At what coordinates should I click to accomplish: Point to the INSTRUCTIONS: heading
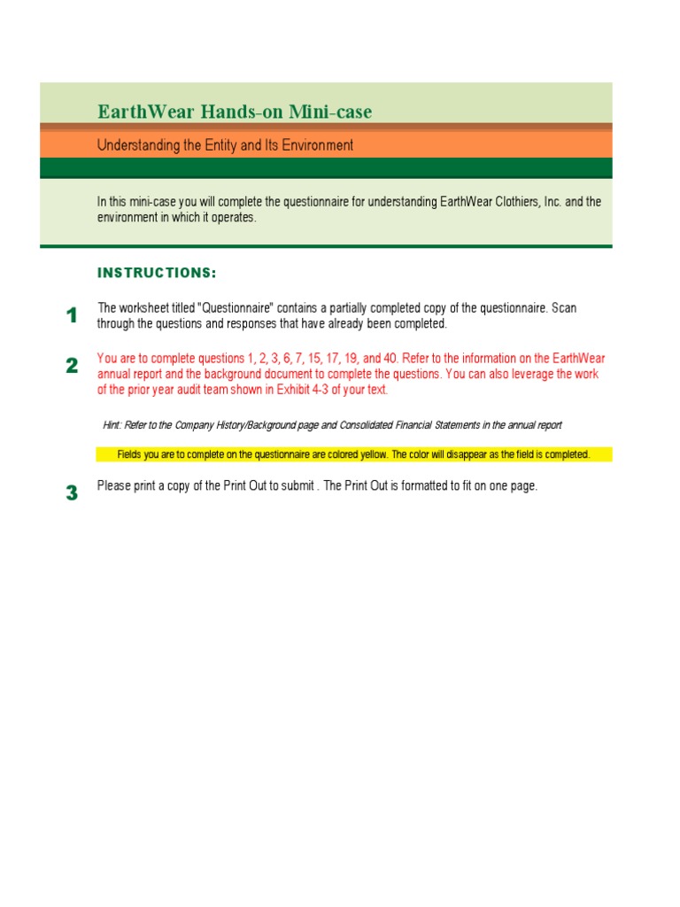click(x=157, y=272)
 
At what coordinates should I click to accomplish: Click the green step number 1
click(x=72, y=315)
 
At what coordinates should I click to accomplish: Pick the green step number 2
click(x=72, y=366)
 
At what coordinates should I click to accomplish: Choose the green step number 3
click(x=72, y=493)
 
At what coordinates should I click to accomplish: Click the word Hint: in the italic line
click(x=112, y=425)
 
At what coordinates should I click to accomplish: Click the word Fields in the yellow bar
click(x=130, y=454)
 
